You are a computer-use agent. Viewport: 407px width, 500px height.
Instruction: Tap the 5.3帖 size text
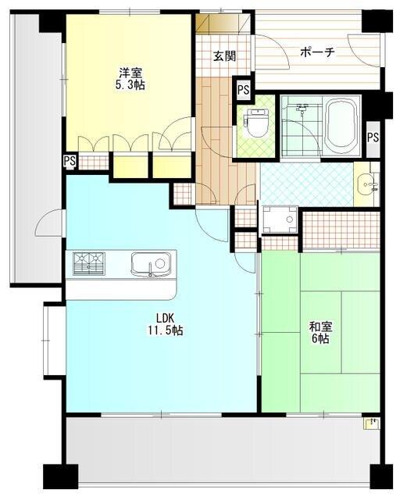pos(131,84)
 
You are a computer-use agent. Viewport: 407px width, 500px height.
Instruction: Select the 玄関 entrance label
pos(223,56)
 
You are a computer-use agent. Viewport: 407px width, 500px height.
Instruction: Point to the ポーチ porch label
pos(317,52)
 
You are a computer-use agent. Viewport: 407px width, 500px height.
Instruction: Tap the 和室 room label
pos(319,327)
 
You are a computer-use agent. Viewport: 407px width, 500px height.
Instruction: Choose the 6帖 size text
pos(319,340)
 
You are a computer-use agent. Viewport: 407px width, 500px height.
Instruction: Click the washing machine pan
pos(279,221)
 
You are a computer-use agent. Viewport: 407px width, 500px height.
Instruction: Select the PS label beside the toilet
pos(243,90)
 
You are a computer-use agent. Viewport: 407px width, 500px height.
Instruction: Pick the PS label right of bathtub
pos(373,137)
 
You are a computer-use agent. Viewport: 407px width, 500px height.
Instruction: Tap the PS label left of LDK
pos(70,162)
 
